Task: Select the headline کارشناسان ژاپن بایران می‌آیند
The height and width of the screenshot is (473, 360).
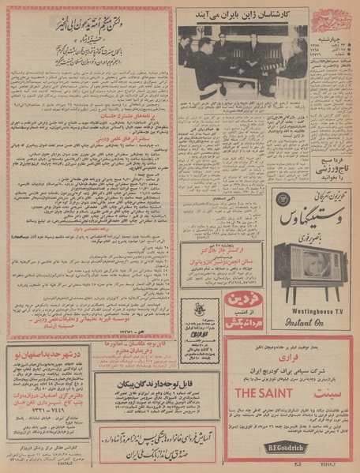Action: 237,15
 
